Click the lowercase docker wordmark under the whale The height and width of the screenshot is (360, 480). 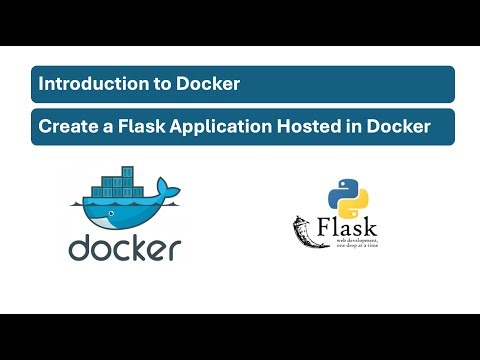(124, 246)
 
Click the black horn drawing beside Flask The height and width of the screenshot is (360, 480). (304, 232)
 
